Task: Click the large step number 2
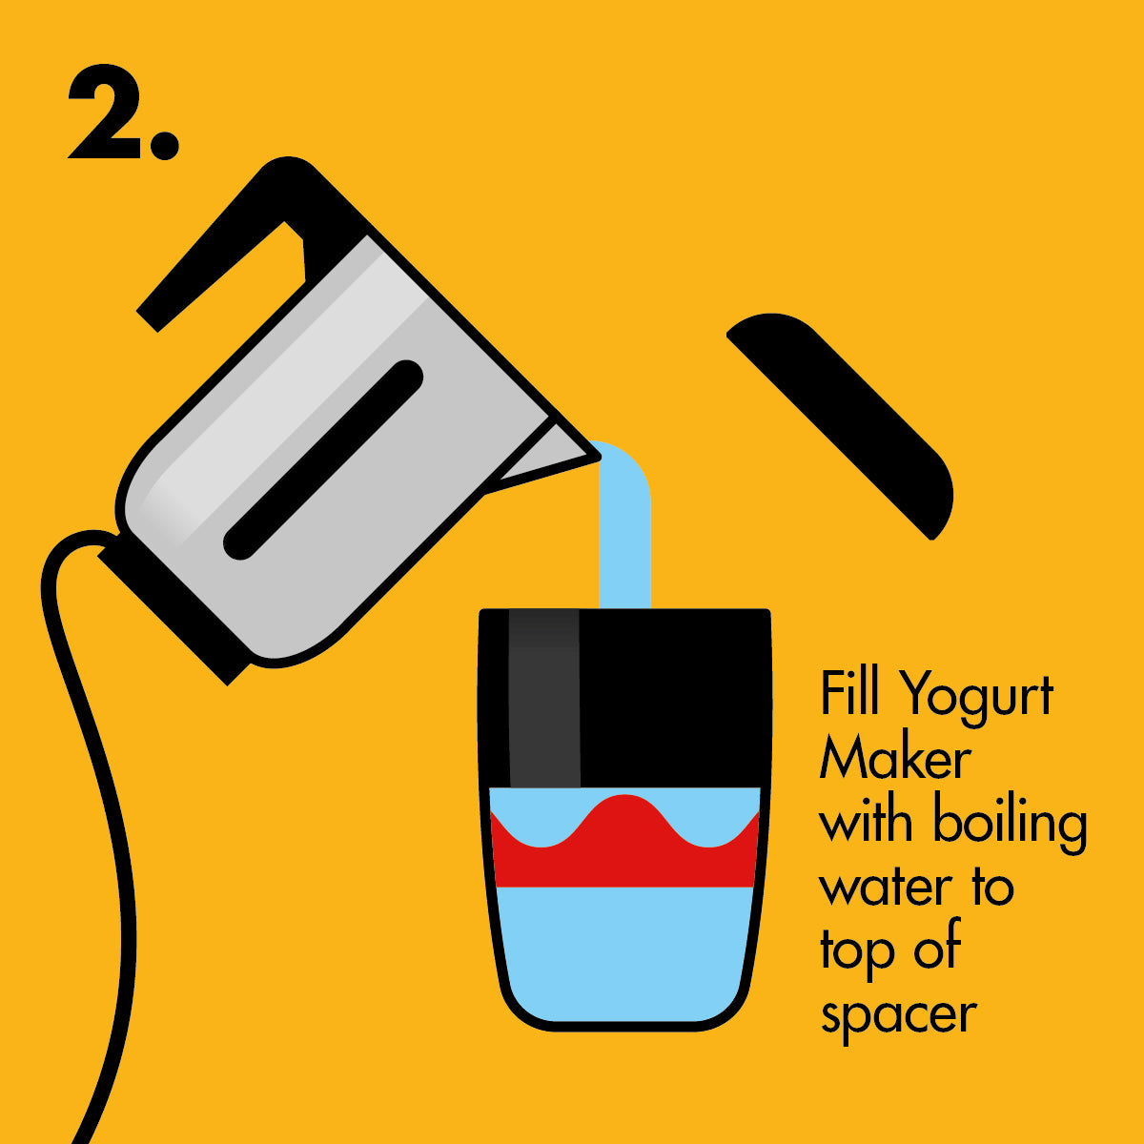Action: coord(106,112)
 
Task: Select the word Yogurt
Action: coord(976,699)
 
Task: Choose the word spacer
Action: coord(899,1020)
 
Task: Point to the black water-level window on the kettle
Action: coord(323,460)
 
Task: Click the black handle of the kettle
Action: coord(237,237)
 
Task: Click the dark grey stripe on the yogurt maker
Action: coord(544,698)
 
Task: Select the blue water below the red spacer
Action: coord(623,953)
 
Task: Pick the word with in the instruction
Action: coord(867,821)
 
